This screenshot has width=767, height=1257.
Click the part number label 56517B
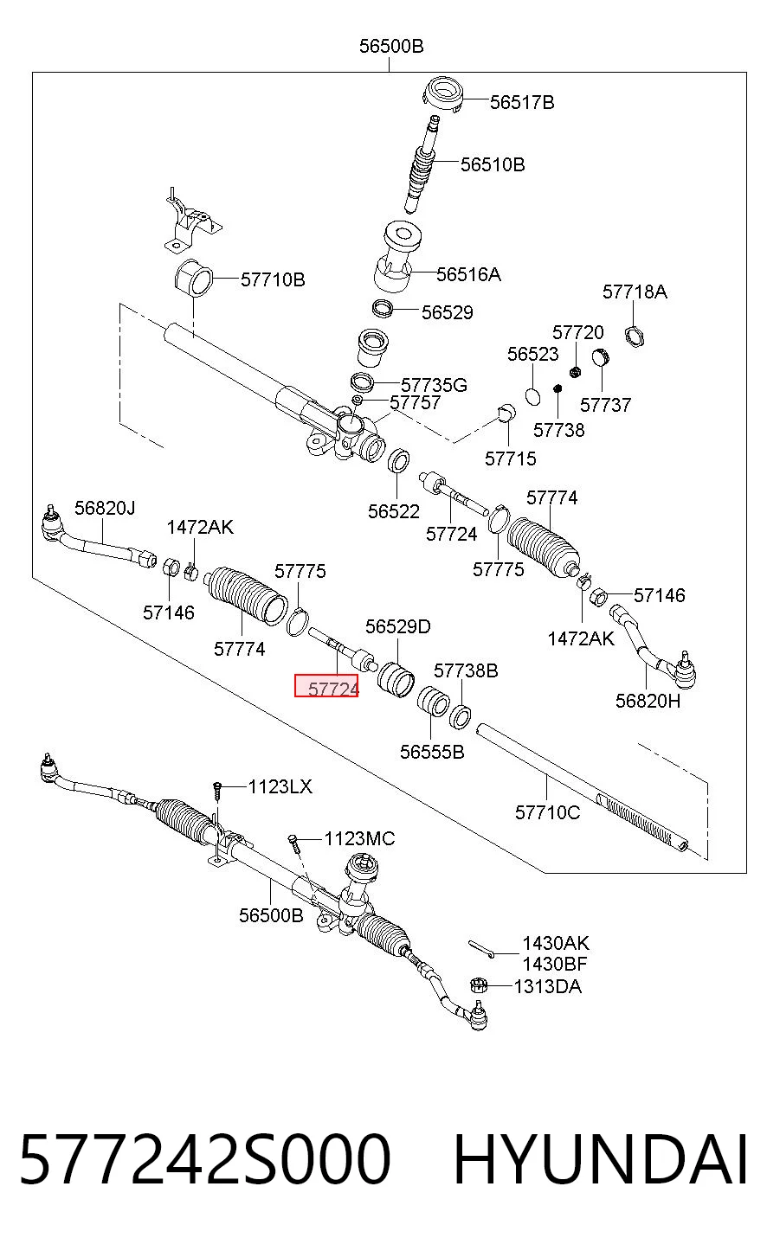pos(522,103)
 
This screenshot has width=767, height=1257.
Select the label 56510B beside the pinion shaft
pos(493,165)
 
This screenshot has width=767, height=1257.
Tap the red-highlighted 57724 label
pos(326,686)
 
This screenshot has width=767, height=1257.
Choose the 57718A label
pos(635,292)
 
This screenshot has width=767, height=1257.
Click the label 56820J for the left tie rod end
pos(105,509)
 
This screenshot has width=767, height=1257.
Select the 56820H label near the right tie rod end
pos(648,701)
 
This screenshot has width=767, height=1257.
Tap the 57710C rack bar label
pos(547,812)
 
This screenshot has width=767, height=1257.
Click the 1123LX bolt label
pos(280,786)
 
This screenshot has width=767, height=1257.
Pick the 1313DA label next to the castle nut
pos(547,986)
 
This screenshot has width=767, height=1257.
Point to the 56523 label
pos(533,355)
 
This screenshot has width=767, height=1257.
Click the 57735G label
pos(434,386)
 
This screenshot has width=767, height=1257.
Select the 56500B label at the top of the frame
pos(391,46)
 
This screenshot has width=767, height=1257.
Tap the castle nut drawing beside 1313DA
pos(478,984)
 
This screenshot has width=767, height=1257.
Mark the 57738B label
pos(466,671)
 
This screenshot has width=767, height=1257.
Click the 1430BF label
pos(554,964)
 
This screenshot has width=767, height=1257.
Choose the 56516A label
pos(468,275)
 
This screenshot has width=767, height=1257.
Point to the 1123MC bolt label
pos(359,839)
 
